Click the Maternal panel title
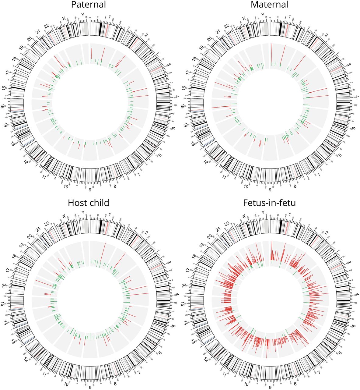269,5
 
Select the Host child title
88,203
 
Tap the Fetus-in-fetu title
269,203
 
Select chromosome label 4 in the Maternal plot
358,97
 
